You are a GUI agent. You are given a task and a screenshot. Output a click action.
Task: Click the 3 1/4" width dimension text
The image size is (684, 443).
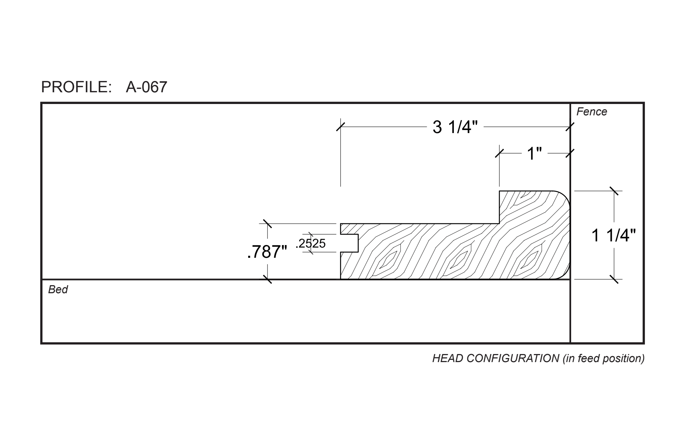pyautogui.click(x=455, y=127)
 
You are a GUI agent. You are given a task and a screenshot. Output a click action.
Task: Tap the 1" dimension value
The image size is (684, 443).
pyautogui.click(x=534, y=154)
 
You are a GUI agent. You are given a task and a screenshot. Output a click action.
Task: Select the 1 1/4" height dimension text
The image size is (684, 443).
pyautogui.click(x=614, y=235)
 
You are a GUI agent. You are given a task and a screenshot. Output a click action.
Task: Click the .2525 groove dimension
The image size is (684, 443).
pyautogui.click(x=311, y=244)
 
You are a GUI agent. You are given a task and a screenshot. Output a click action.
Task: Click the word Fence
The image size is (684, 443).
pyautogui.click(x=591, y=112)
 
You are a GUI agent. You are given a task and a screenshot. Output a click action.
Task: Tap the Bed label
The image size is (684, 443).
pyautogui.click(x=58, y=290)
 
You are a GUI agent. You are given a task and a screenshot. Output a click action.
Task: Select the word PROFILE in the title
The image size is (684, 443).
pyautogui.click(x=76, y=87)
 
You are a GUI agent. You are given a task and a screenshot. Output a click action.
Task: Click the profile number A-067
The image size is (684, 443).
pyautogui.click(x=146, y=87)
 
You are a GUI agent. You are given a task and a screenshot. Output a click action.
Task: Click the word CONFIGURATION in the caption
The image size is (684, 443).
pyautogui.click(x=513, y=358)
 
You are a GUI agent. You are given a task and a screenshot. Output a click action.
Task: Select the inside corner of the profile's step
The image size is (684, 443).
pyautogui.click(x=499, y=223)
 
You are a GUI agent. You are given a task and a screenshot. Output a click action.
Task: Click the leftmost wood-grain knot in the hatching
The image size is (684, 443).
pyautogui.click(x=389, y=259)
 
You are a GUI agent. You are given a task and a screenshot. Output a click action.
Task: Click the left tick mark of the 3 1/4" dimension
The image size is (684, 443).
pyautogui.click(x=340, y=127)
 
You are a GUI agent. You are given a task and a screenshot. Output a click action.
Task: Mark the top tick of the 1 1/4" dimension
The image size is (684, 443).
pyautogui.click(x=614, y=191)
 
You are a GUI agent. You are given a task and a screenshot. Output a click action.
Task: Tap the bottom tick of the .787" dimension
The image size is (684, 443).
pyautogui.click(x=268, y=279)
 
